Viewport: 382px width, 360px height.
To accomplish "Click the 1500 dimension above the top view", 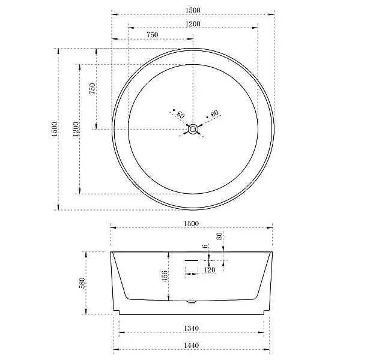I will [x=193, y=10].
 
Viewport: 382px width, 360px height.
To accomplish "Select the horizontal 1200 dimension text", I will [x=193, y=24].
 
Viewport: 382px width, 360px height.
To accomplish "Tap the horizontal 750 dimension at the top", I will [x=153, y=35].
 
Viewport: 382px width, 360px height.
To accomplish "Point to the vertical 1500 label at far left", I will [x=55, y=129].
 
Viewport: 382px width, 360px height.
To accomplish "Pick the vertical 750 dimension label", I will [x=92, y=88].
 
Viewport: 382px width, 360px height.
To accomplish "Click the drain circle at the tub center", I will [x=193, y=129].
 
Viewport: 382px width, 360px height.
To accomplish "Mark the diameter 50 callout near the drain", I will [x=179, y=114].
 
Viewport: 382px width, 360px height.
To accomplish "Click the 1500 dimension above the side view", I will [x=191, y=223].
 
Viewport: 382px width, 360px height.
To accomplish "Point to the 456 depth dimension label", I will [x=165, y=277].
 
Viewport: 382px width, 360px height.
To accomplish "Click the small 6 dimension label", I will [x=205, y=246].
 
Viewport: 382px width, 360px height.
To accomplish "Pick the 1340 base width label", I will [x=191, y=328].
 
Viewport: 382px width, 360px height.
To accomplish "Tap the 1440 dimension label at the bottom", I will [x=191, y=346].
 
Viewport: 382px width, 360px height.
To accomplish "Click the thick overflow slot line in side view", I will [x=190, y=260].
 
